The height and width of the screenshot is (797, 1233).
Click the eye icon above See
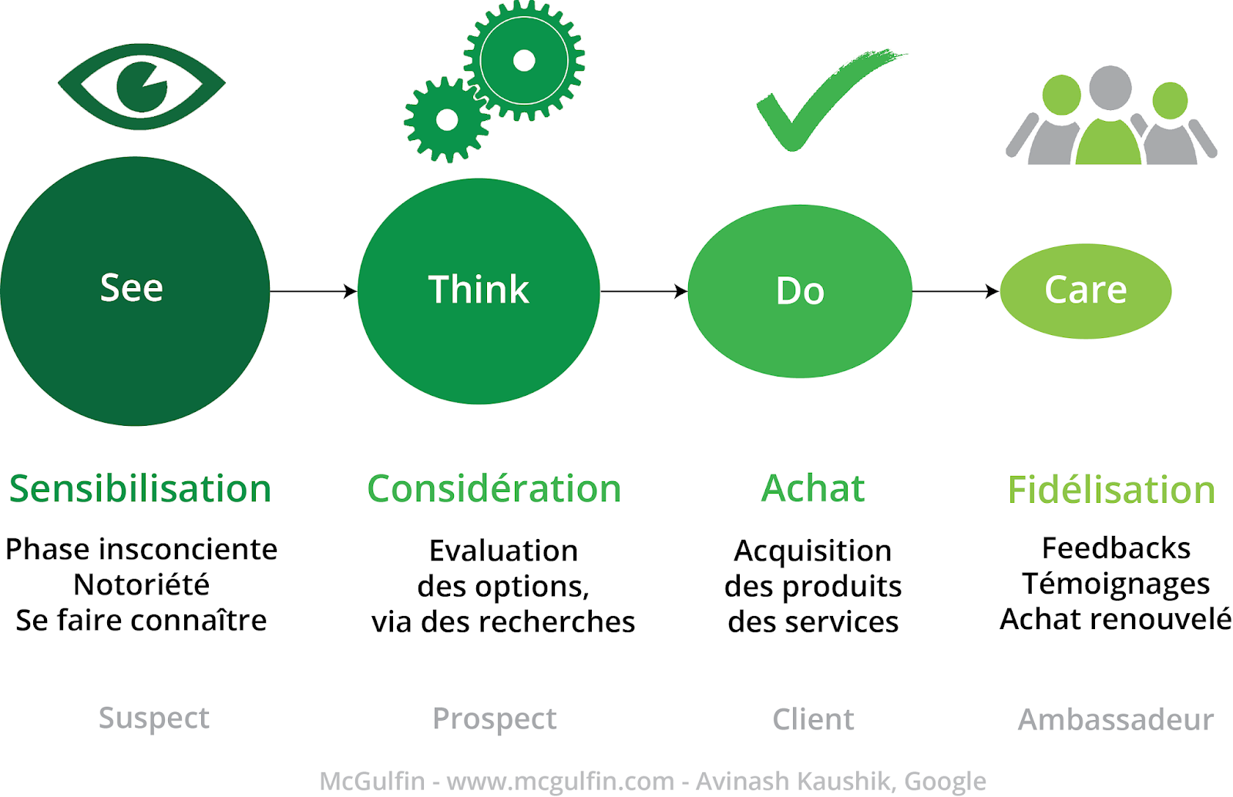click(x=142, y=86)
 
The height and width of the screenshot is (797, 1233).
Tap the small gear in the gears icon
click(x=447, y=120)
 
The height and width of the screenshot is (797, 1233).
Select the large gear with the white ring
click(x=524, y=60)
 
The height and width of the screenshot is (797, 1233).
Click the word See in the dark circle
click(x=132, y=288)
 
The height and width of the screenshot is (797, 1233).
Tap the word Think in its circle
click(x=479, y=290)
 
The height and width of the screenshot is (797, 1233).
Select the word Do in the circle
click(x=800, y=291)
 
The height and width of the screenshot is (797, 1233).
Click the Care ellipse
click(x=1085, y=290)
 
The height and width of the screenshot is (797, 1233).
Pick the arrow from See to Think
click(x=313, y=291)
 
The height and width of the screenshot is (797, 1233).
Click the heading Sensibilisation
click(x=140, y=489)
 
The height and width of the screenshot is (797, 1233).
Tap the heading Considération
click(x=494, y=489)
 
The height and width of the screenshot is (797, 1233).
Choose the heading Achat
click(x=813, y=488)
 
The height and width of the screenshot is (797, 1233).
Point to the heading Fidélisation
click(x=1111, y=490)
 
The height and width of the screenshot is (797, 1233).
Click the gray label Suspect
click(x=154, y=718)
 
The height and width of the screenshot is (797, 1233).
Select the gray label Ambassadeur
click(x=1115, y=719)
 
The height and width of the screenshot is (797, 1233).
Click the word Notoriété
click(x=141, y=584)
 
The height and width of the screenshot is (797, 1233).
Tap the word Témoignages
click(x=1116, y=584)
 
